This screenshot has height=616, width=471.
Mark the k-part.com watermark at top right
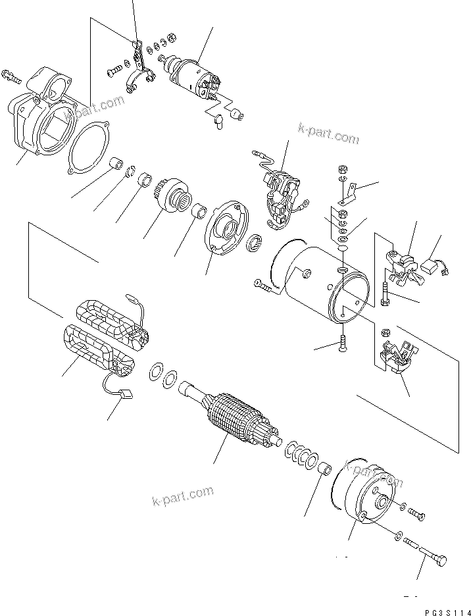pos(328,134)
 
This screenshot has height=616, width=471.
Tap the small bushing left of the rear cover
pos(324,471)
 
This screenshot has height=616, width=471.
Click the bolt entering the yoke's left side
pos(262,285)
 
